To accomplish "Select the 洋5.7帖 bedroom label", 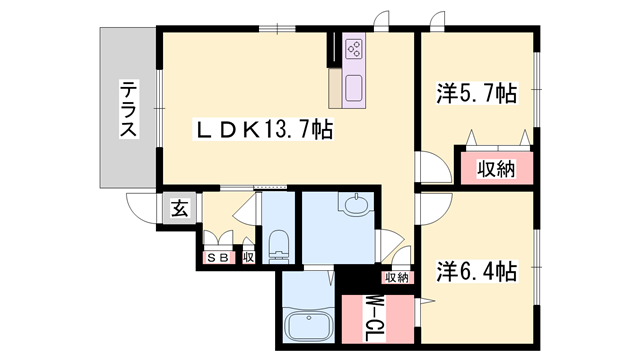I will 476,95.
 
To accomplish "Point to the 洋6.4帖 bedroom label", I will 476,271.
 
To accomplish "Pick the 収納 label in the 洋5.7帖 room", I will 494,169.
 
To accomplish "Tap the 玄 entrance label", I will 178,209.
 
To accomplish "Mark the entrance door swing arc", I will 141,205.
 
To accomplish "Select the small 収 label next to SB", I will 248,257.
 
